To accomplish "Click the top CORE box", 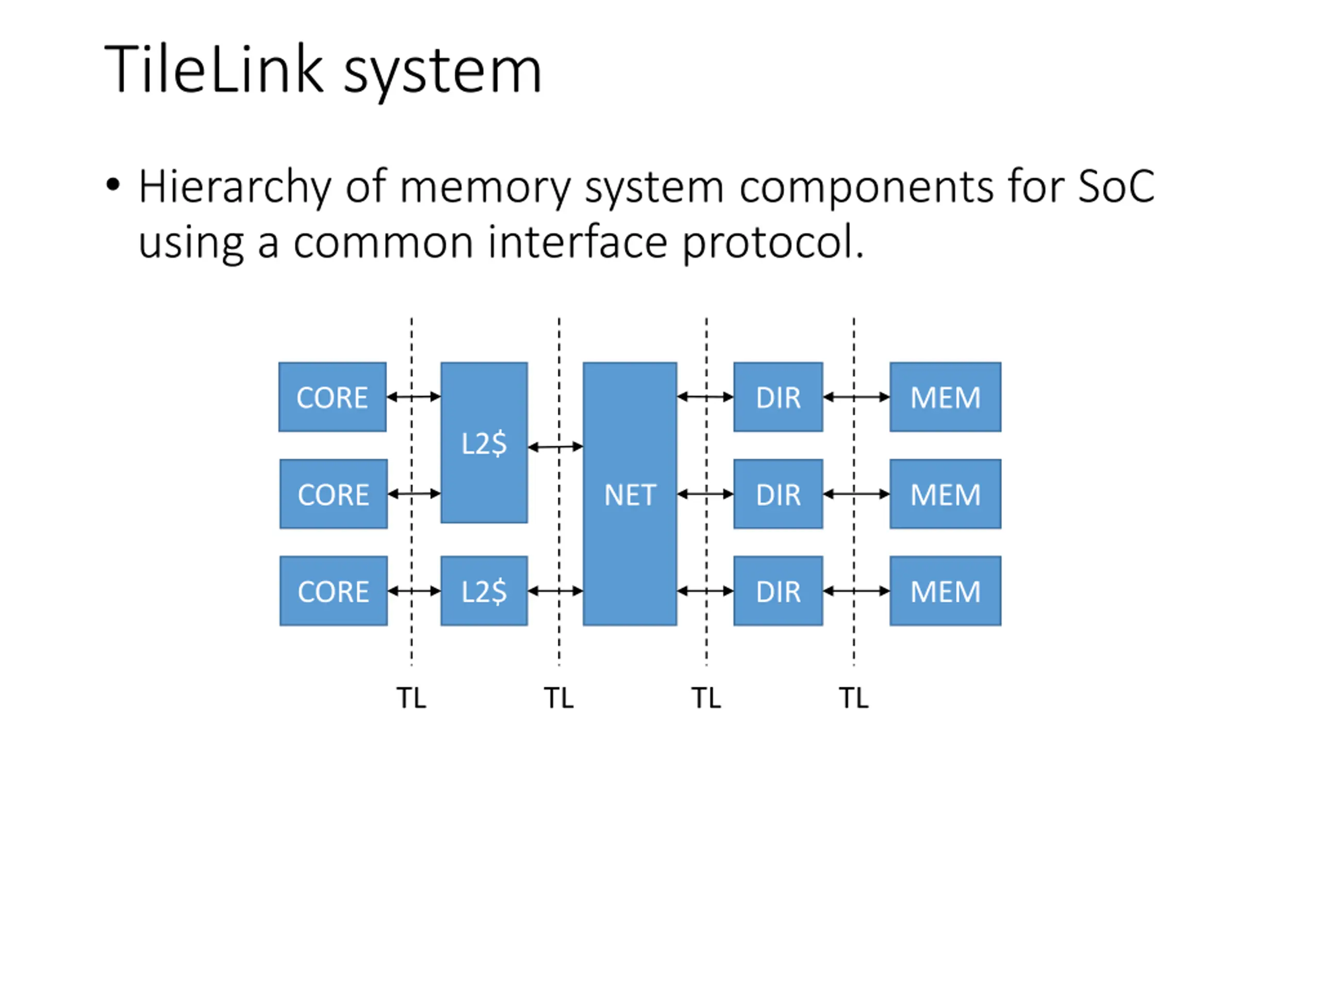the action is (x=333, y=397).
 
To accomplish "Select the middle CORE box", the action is (x=334, y=493).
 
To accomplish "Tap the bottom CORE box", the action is (x=334, y=591).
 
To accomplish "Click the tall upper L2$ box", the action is (x=484, y=443).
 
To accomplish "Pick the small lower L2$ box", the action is (x=484, y=591).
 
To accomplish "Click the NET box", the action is (x=630, y=494).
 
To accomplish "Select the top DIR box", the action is (x=778, y=397).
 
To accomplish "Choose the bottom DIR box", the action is (x=778, y=591).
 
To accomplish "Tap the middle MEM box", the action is (x=945, y=493).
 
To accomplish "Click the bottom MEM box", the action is (x=945, y=591).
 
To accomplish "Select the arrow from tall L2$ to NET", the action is (x=555, y=447).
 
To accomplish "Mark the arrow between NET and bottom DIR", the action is (x=705, y=591).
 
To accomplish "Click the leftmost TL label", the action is (x=411, y=698).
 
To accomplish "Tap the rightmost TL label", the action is (x=853, y=698).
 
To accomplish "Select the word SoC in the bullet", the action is (x=1116, y=186).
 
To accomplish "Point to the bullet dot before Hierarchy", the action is (x=112, y=185).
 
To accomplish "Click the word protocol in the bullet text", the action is (x=772, y=242).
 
